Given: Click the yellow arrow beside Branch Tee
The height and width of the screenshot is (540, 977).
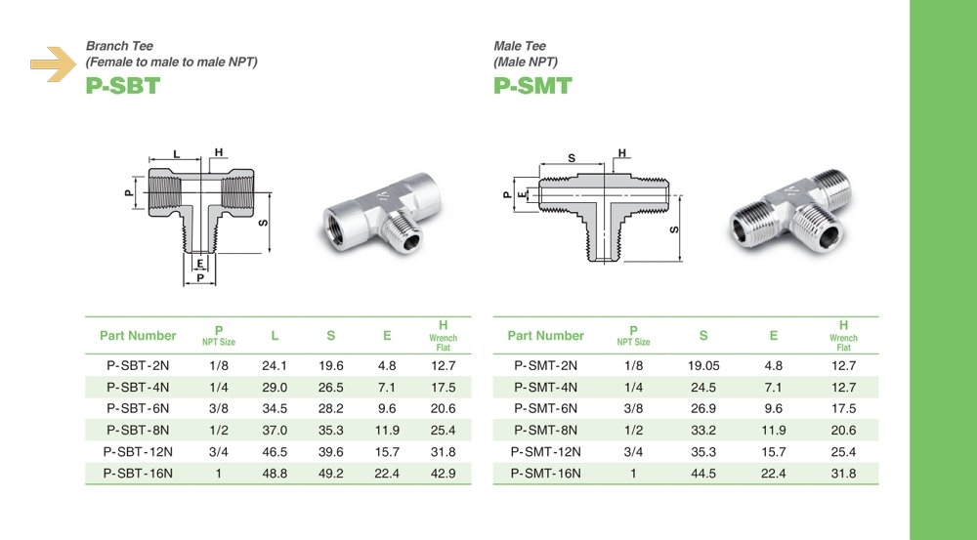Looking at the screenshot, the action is [54, 64].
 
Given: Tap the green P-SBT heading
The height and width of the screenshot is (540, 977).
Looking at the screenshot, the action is [123, 86].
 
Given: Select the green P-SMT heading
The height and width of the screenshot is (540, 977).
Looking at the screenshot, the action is [532, 86].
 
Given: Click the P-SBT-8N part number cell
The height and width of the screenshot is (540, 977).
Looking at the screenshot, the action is [138, 431].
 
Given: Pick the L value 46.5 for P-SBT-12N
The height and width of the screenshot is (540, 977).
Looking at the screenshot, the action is [275, 452].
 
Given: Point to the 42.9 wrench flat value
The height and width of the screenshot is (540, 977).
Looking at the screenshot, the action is [443, 474].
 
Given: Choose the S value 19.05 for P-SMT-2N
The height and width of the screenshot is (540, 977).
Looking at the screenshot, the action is [703, 365].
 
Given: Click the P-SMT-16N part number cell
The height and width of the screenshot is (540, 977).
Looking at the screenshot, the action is [545, 474].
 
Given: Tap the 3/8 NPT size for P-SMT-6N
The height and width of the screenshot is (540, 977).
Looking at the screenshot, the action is [634, 408].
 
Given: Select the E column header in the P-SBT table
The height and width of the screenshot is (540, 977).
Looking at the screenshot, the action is [387, 336].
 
